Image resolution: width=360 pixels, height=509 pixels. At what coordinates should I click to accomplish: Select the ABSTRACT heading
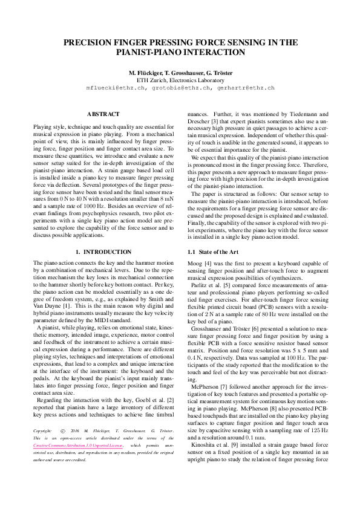click(x=103, y=114)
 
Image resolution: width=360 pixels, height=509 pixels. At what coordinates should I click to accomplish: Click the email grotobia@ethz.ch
click(x=179, y=88)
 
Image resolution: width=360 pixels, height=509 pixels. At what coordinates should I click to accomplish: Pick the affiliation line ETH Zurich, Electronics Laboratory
click(x=180, y=80)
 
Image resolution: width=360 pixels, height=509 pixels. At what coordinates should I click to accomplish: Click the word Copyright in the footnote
click(x=43, y=431)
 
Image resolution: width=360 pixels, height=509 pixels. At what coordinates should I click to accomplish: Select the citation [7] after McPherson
click(x=226, y=368)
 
